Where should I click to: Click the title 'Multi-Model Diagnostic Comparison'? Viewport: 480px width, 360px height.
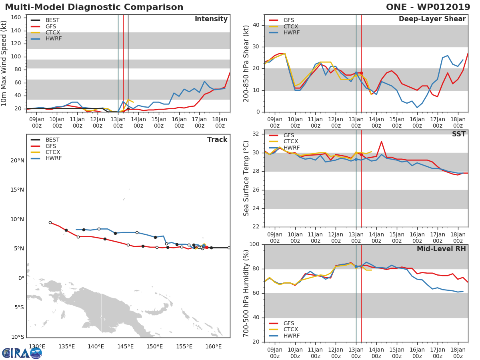click(x=94, y=7)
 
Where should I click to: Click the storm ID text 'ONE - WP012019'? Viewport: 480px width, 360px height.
click(x=428, y=7)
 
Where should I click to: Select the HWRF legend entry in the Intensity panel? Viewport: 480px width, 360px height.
click(x=53, y=39)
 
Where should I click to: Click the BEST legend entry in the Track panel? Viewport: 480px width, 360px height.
click(x=52, y=140)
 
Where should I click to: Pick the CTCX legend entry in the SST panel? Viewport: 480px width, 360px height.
click(x=290, y=142)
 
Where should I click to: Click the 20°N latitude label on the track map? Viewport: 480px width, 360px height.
click(x=17, y=161)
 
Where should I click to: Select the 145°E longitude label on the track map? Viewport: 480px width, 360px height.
click(x=125, y=346)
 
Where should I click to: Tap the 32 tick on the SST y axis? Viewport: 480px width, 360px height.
click(x=256, y=134)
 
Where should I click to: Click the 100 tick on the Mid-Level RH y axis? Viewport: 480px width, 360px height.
click(x=254, y=244)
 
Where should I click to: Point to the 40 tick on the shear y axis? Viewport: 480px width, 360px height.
click(x=256, y=25)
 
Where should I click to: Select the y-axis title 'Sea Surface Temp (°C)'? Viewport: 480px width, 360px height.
click(x=246, y=178)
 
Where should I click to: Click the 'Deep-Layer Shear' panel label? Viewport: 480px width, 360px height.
click(x=432, y=19)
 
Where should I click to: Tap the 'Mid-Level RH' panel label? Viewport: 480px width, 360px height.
click(x=441, y=249)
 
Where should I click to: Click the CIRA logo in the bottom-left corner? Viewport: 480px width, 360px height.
click(x=22, y=353)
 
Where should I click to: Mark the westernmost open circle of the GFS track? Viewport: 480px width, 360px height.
click(x=50, y=222)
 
